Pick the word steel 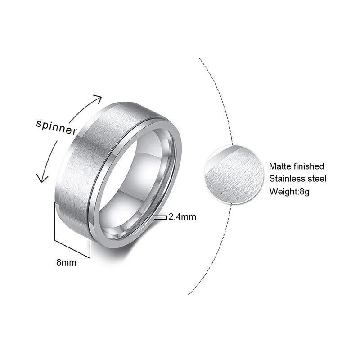pos(318,179)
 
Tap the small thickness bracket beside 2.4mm pos(160,217)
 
